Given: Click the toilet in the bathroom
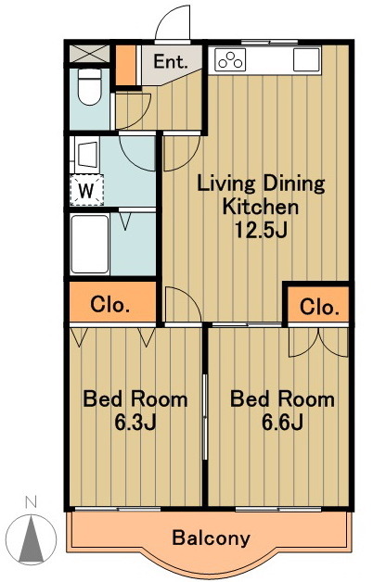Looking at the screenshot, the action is [89, 86].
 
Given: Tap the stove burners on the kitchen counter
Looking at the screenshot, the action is [230, 59].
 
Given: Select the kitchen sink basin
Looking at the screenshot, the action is [306, 59].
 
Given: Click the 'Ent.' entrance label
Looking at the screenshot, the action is [171, 61].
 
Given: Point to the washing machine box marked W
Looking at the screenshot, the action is [87, 190].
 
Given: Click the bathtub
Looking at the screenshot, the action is [89, 244].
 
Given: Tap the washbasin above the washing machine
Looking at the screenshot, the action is [87, 154].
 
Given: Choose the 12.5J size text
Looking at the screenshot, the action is [261, 230].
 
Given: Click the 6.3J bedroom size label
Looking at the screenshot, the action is [135, 422].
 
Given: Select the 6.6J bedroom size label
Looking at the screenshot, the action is [282, 422].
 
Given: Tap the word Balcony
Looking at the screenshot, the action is [211, 538].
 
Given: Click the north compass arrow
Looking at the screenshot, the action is [32, 538].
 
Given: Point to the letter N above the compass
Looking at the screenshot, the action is [31, 502].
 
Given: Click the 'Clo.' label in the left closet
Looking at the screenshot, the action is [110, 305].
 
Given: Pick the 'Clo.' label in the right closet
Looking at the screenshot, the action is [319, 307].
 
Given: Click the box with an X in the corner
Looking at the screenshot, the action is [89, 54].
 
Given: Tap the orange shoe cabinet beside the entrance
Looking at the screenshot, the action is [125, 66].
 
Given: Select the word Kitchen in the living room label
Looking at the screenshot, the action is [261, 207].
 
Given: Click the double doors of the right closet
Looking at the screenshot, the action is [318, 342].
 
